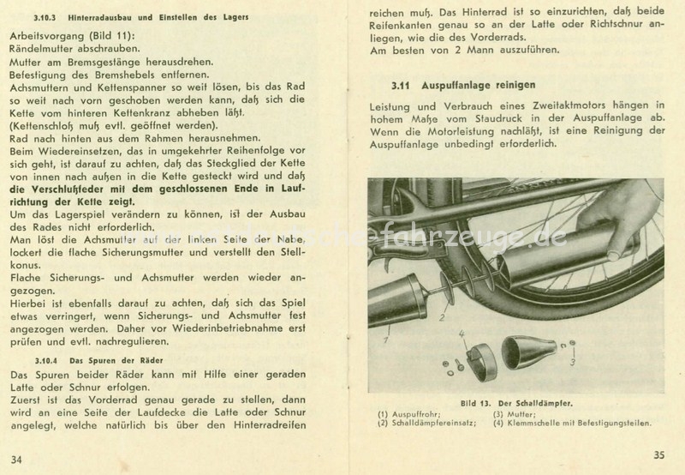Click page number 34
point(16,460)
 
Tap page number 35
point(659,455)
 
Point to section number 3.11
point(401,86)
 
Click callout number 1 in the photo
point(386,340)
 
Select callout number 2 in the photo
point(442,318)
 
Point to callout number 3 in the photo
point(572,362)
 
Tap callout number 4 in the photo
point(462,334)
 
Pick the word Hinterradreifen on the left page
point(270,425)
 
